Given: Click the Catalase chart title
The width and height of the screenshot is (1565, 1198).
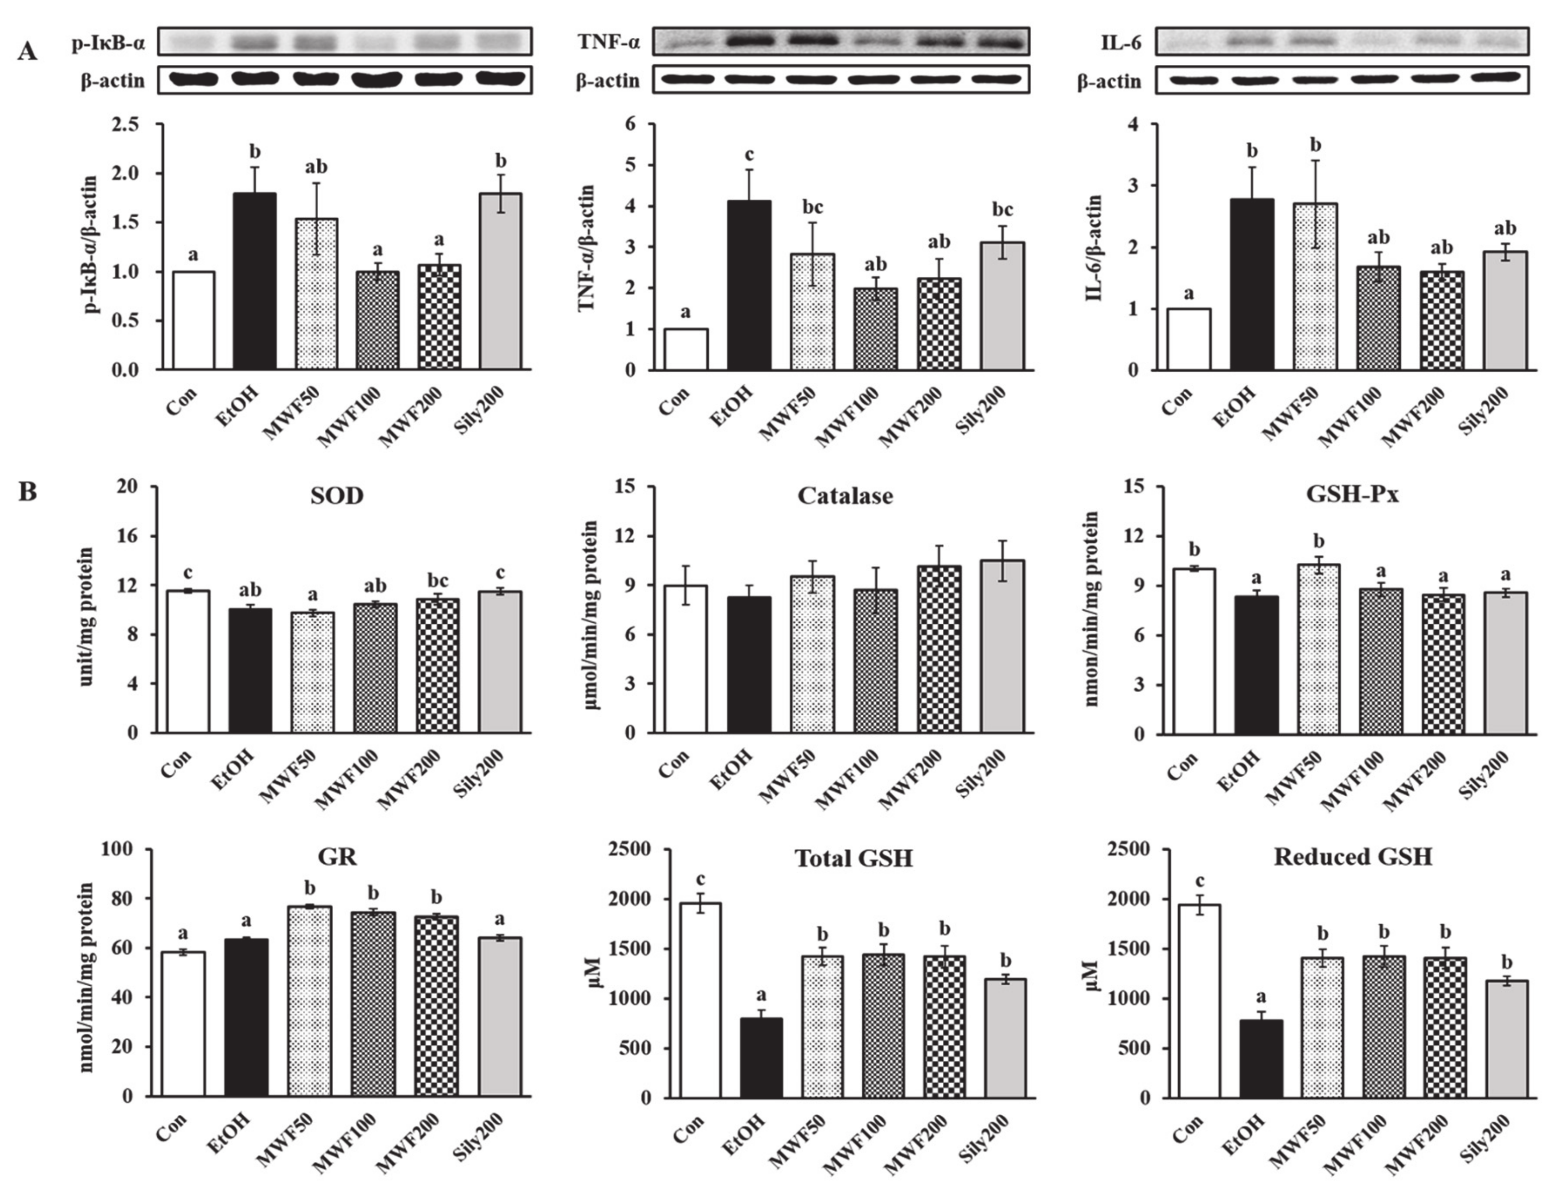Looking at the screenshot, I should tap(845, 496).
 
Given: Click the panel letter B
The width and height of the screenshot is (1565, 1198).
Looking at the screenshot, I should tap(27, 492).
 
